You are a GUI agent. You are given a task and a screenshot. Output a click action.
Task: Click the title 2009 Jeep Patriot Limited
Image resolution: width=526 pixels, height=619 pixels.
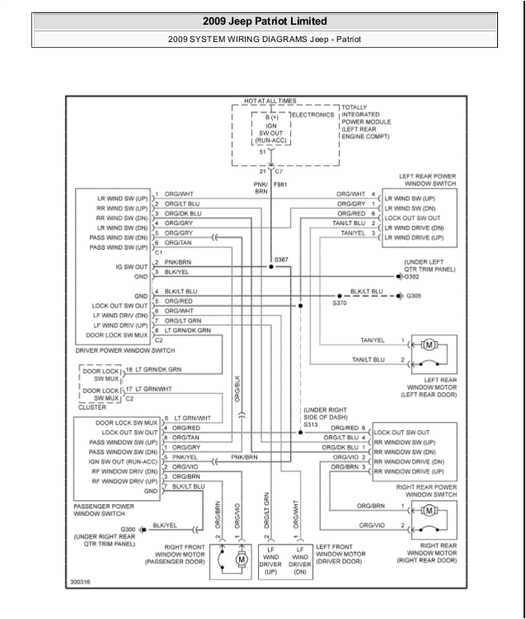click(264, 21)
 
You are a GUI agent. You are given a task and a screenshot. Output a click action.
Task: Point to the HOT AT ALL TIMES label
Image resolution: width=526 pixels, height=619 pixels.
click(270, 101)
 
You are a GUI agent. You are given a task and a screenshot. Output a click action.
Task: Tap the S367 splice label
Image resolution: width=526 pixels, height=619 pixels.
click(282, 260)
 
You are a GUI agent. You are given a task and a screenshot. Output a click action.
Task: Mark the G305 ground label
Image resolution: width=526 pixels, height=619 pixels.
click(413, 295)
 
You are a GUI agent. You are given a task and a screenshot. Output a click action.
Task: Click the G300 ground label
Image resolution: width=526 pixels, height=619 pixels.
click(129, 529)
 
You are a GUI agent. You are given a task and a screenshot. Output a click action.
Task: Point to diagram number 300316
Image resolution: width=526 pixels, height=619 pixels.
click(81, 583)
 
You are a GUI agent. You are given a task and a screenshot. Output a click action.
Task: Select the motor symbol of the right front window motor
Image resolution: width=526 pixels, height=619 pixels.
click(242, 559)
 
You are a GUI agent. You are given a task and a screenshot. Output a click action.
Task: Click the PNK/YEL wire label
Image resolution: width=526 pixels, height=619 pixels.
click(186, 456)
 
